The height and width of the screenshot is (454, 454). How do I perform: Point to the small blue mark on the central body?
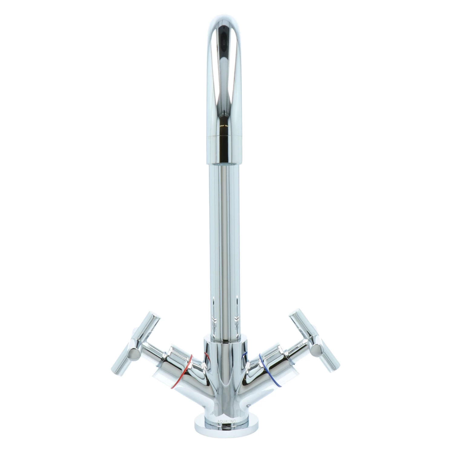coord(245,356)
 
